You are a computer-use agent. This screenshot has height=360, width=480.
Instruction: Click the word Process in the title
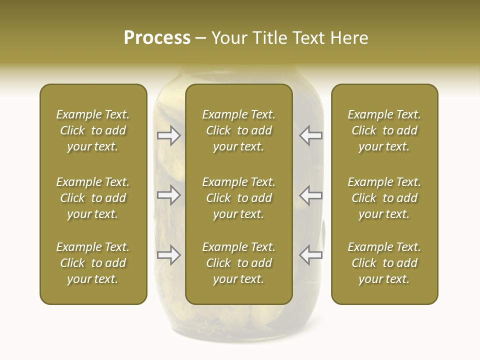click(x=157, y=38)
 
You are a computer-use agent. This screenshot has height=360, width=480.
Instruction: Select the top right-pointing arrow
click(x=169, y=135)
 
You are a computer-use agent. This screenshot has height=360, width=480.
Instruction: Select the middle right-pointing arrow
click(x=169, y=195)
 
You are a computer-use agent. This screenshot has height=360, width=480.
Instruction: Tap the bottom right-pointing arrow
click(x=169, y=254)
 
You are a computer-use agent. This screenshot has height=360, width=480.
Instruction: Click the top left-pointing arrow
click(x=310, y=135)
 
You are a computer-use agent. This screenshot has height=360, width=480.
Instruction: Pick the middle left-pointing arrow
click(x=310, y=195)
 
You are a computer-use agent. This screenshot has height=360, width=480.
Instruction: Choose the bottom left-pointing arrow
click(x=310, y=254)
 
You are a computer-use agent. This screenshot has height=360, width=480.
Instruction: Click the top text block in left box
click(x=93, y=130)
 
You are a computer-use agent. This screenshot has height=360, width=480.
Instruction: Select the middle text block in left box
click(x=93, y=198)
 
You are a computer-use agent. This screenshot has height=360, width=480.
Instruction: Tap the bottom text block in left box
click(x=93, y=263)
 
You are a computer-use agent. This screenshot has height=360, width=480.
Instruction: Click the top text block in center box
click(x=238, y=130)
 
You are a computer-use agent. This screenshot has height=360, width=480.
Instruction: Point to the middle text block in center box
click(x=238, y=198)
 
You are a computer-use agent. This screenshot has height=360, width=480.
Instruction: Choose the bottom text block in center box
click(x=238, y=263)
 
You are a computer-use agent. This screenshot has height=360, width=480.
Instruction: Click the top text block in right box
click(x=384, y=130)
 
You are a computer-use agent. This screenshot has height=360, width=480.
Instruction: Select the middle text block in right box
click(x=384, y=198)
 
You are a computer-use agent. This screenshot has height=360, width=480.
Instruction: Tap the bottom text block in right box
click(x=384, y=263)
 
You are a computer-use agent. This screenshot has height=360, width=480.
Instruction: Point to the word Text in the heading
click(x=307, y=38)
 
